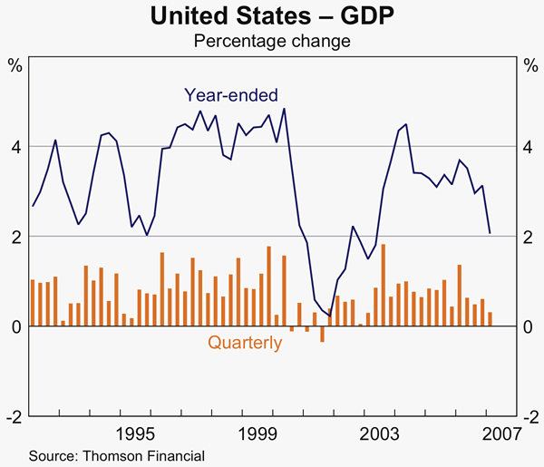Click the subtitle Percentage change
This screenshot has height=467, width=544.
click(x=272, y=41)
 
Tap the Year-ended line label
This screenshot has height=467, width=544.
click(x=231, y=94)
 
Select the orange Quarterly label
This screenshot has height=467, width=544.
click(x=245, y=343)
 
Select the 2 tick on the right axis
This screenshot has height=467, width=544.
click(x=529, y=236)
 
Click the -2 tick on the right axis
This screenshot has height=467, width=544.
click(x=526, y=416)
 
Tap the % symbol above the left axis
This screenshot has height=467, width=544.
click(x=15, y=65)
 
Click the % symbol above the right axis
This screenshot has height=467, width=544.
click(x=529, y=65)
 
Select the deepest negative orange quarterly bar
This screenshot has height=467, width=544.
click(x=322, y=334)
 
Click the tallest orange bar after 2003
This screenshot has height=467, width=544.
click(x=384, y=285)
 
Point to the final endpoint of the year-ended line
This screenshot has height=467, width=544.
click(x=491, y=233)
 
